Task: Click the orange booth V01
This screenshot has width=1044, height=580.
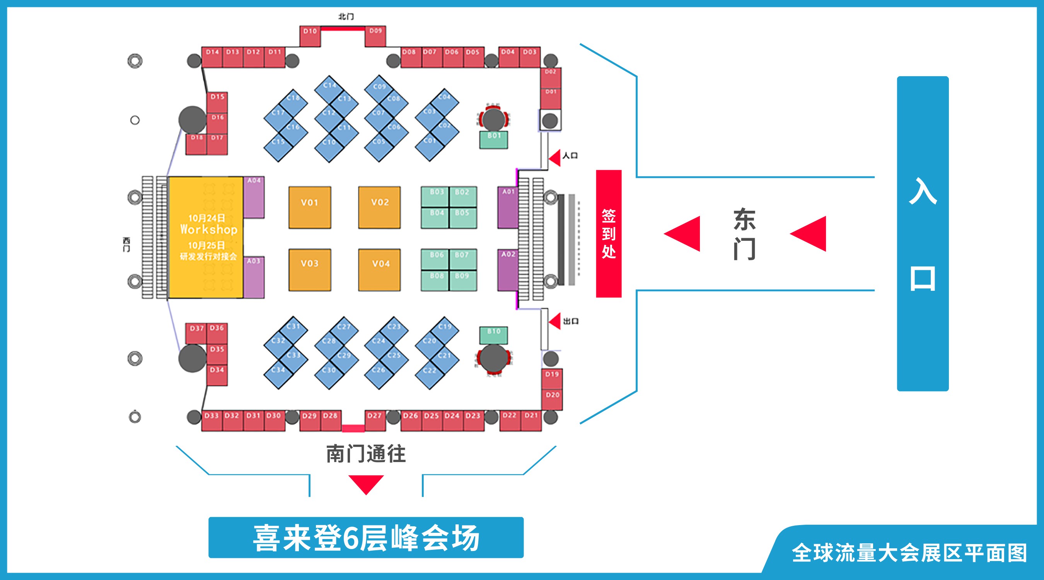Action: coord(310,207)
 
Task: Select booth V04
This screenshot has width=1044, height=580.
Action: coord(379,270)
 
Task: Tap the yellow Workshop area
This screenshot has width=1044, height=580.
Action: coord(206,237)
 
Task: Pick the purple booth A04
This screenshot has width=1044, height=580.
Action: coord(254,197)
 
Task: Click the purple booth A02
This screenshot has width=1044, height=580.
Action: coord(508,270)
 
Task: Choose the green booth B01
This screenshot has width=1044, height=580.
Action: coord(493,140)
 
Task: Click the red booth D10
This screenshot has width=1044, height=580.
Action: coord(310,36)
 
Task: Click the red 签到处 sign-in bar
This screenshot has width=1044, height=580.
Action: coord(608,234)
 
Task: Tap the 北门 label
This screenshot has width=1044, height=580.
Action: coord(346,17)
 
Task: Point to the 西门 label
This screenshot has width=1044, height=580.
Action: coord(126,245)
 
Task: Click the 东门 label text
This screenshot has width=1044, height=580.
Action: coord(744,234)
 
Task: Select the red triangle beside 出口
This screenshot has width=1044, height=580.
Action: coord(555,321)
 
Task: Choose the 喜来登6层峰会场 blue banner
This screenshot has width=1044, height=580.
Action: coord(365,537)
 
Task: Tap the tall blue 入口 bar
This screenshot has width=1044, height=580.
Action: coord(923,234)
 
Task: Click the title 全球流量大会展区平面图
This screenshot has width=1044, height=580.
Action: coord(909,553)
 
